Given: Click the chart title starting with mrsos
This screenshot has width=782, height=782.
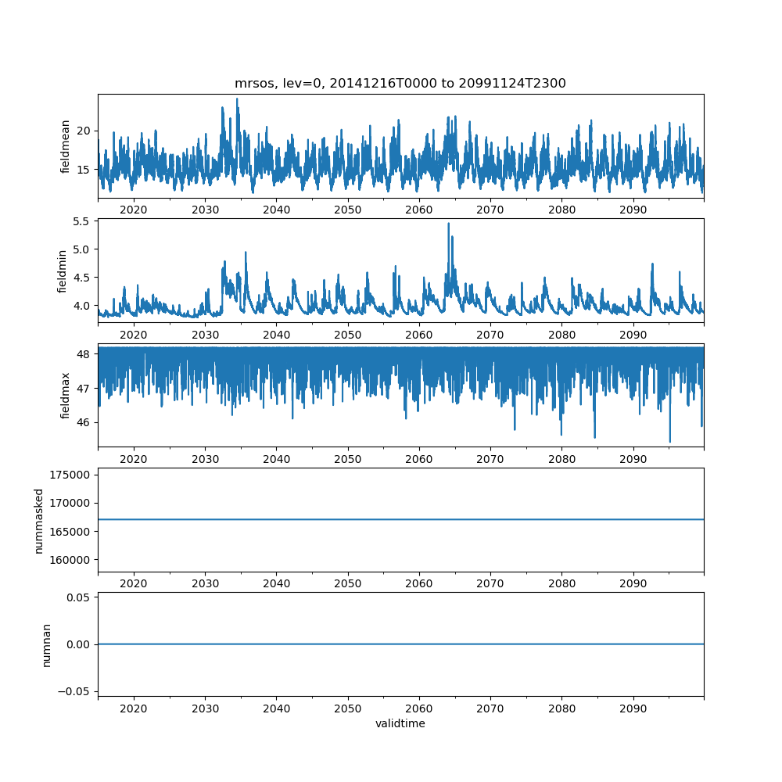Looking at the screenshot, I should point(400,83).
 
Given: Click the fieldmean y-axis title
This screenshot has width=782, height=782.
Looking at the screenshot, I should point(66,146).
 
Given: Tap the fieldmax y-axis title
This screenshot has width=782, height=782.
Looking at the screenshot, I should point(66,395).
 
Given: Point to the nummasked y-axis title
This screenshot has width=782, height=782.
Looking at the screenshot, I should point(39,520).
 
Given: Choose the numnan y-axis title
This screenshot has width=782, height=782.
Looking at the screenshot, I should point(47,644).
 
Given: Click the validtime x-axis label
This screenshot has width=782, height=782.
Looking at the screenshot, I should point(400,723).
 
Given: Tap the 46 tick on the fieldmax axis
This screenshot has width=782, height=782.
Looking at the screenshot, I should point(84,422).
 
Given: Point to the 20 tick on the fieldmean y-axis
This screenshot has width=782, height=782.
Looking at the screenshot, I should point(84,130).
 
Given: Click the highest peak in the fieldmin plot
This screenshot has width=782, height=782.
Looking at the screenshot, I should point(448,224).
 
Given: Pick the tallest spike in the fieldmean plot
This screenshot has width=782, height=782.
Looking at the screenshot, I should point(237,99).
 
